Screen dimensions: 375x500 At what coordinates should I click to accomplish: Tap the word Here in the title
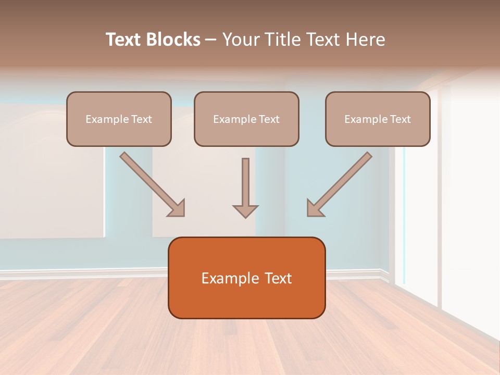364,40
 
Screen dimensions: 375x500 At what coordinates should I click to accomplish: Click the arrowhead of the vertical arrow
245,211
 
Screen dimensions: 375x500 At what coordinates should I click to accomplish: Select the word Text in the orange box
278,278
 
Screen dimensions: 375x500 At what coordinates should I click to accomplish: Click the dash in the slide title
211,40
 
